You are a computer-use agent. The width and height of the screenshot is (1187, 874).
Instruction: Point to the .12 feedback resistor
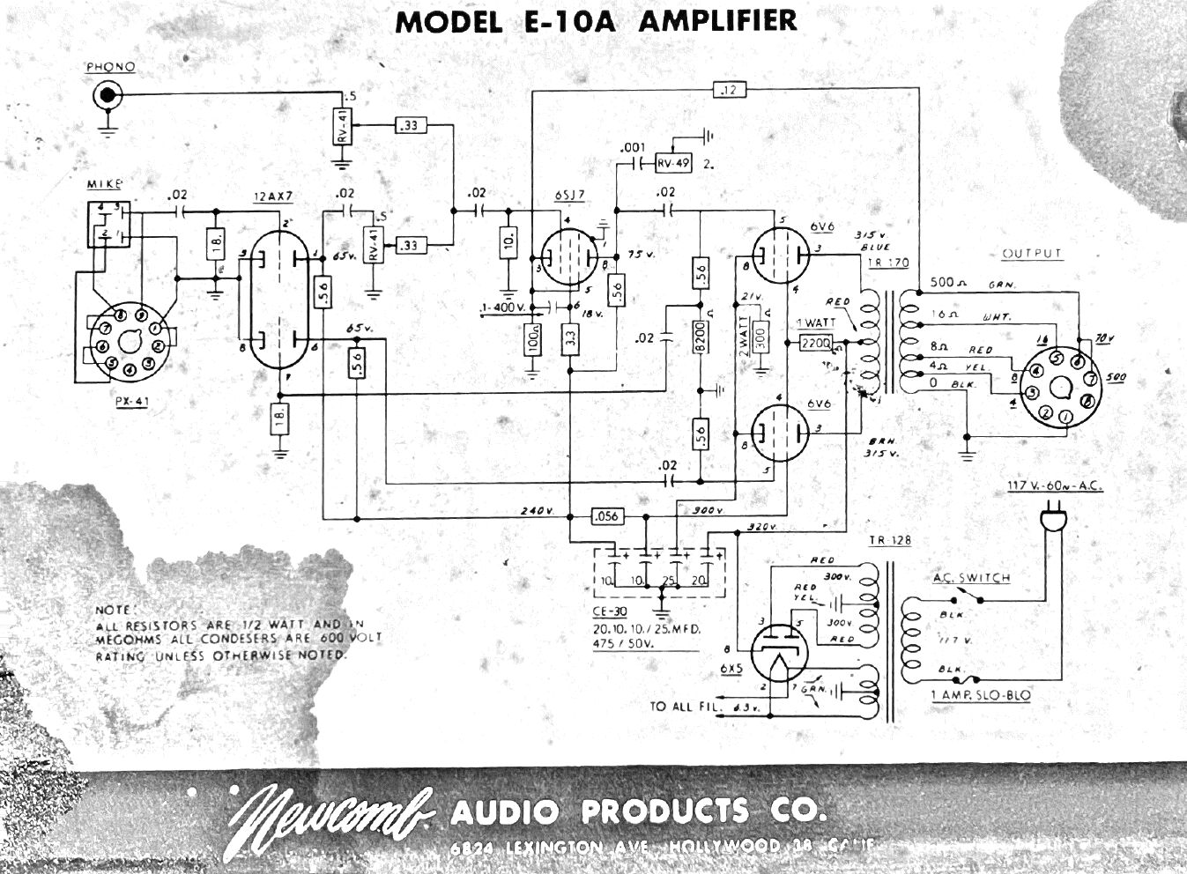tap(728, 89)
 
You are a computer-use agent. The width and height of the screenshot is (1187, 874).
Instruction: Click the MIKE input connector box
tap(110, 224)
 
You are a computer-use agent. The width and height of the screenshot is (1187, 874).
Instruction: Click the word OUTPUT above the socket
tap(1032, 254)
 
